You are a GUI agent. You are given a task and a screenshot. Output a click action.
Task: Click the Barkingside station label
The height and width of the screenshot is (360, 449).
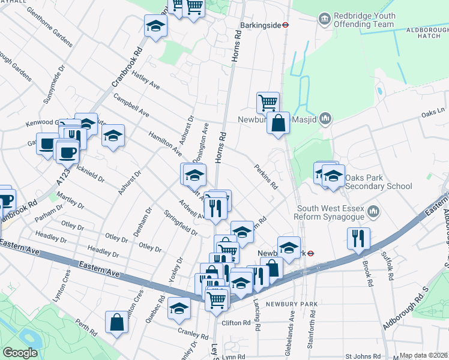click(260, 25)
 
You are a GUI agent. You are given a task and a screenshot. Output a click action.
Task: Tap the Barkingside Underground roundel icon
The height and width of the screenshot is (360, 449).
click(287, 25)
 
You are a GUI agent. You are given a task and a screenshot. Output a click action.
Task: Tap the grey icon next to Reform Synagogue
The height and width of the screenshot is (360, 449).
click(373, 211)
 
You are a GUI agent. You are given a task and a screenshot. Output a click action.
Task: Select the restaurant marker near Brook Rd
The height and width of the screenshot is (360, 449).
click(358, 238)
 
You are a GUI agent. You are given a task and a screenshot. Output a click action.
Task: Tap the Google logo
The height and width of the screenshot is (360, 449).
click(20, 353)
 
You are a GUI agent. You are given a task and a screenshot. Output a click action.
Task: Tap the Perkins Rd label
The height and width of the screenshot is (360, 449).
click(266, 177)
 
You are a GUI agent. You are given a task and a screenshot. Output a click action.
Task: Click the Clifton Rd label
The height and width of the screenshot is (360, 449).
click(236, 323)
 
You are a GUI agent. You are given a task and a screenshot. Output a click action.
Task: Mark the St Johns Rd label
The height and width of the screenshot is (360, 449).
click(364, 356)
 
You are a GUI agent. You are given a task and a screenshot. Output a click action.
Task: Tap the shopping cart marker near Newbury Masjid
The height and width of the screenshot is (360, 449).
click(268, 102)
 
